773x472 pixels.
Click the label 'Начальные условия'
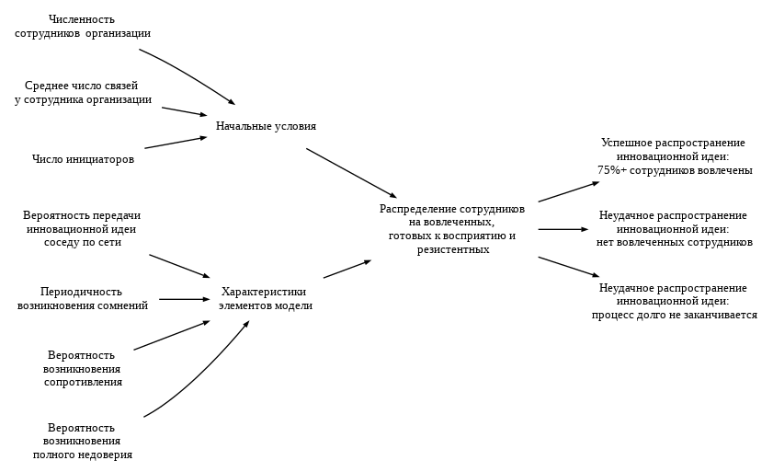pyautogui.click(x=266, y=126)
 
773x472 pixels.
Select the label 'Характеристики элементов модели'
pyautogui.click(x=265, y=298)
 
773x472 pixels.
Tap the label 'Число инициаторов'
pyautogui.click(x=83, y=159)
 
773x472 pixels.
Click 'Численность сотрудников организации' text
pyautogui.click(x=83, y=26)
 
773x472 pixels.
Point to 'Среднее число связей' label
pyautogui.click(x=82, y=86)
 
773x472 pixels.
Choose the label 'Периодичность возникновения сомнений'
pyautogui.click(x=83, y=298)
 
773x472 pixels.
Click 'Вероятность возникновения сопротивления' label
pyautogui.click(x=83, y=368)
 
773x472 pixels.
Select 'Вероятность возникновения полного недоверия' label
pyautogui.click(x=83, y=441)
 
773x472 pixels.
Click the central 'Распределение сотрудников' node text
pyautogui.click(x=452, y=209)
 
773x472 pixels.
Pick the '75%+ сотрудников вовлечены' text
pyautogui.click(x=675, y=170)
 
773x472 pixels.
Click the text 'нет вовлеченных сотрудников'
pyautogui.click(x=674, y=242)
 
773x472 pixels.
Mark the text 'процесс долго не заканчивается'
pyautogui.click(x=674, y=315)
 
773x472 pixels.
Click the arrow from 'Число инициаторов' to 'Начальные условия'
pyautogui.click(x=175, y=143)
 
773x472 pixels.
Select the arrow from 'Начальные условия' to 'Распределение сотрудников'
pyautogui.click(x=351, y=173)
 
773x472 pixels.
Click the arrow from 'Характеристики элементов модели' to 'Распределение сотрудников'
pyautogui.click(x=347, y=269)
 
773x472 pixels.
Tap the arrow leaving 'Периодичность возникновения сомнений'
pyautogui.click(x=184, y=299)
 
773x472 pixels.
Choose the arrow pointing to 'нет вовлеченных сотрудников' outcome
pyautogui.click(x=563, y=229)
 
